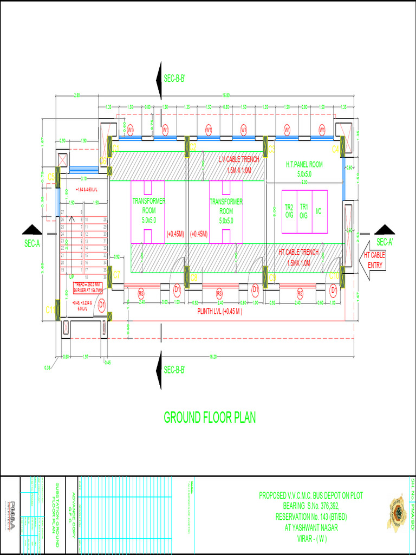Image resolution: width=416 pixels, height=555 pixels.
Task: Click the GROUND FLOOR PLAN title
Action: coord(210,417)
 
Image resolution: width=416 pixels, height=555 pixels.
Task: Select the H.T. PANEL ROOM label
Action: coord(304,164)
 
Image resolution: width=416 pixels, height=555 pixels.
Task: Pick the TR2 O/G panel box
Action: coord(289,211)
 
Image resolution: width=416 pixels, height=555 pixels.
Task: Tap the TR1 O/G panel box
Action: coord(303,211)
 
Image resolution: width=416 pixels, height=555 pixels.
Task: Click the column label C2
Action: coord(193,147)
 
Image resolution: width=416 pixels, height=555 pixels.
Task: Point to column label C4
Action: coord(335,148)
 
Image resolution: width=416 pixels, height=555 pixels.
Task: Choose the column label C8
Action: coord(193,277)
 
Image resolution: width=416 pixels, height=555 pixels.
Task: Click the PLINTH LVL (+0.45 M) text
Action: coord(219,312)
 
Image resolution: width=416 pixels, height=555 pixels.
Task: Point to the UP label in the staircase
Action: coord(70,276)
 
